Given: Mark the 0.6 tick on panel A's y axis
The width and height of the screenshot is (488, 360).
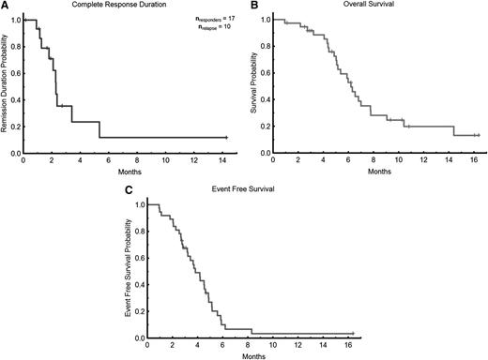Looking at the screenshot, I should pyautogui.click(x=13, y=73).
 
